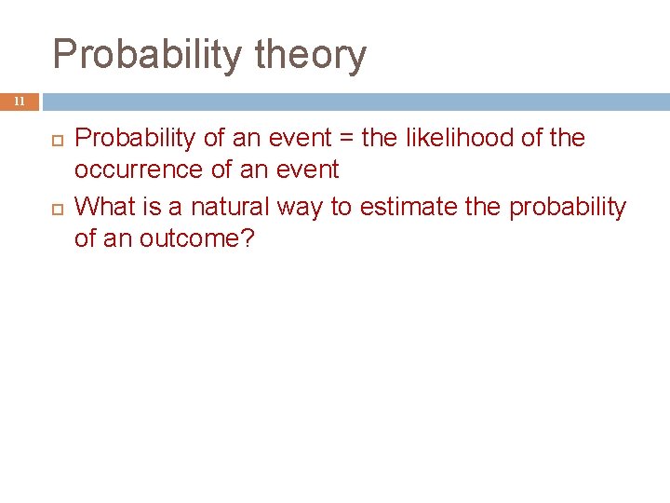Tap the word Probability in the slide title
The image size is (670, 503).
point(147,55)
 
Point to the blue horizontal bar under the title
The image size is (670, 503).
point(354,101)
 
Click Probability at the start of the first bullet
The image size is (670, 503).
point(135,138)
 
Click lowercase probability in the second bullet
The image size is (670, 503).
point(567,207)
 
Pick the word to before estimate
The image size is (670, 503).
point(342,206)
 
